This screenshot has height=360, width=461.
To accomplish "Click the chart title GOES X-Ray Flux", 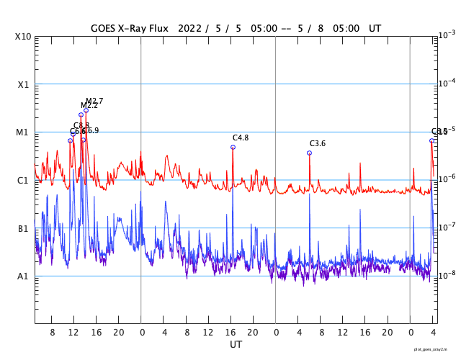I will [129, 29].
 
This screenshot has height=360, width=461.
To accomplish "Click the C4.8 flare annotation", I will [241, 138].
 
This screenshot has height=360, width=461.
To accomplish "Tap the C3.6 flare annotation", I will [318, 144].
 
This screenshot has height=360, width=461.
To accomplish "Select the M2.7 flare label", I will [94, 101].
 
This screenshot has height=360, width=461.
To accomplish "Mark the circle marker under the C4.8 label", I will [233, 147].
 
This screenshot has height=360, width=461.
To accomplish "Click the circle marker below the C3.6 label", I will [309, 153].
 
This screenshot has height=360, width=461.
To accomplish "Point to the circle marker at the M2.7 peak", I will [86, 110].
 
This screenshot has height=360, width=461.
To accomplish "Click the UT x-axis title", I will [236, 345].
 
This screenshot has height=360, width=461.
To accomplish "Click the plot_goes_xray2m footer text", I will [430, 349].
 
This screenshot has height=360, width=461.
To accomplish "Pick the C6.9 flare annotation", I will [91, 130].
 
